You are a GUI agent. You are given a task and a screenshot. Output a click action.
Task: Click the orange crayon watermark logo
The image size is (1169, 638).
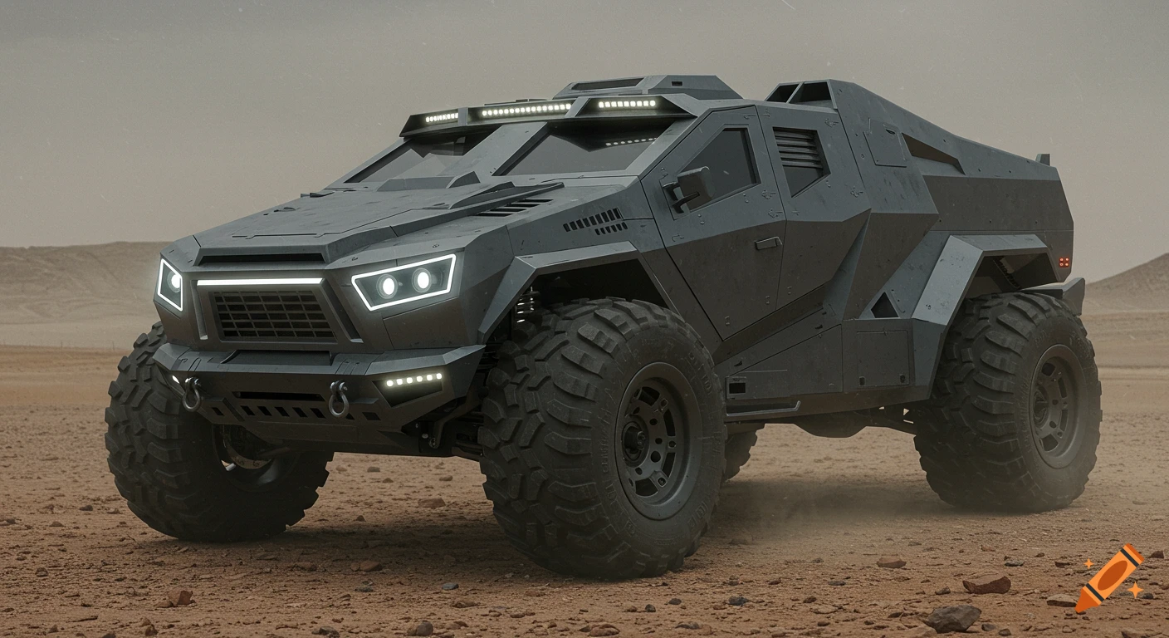(x=1110, y=578)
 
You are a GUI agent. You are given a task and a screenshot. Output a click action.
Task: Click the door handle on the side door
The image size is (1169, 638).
(x=767, y=243)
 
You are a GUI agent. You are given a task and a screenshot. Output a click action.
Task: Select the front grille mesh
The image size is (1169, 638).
(x=274, y=315)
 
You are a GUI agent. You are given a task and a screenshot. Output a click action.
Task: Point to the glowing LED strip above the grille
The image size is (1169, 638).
(x=259, y=282)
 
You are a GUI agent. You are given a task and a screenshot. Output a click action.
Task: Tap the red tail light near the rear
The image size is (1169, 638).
(x=1064, y=262)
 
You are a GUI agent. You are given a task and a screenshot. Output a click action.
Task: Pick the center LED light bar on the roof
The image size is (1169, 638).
(x=524, y=110)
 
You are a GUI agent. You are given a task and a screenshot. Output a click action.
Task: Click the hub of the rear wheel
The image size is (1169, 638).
(x=1055, y=405)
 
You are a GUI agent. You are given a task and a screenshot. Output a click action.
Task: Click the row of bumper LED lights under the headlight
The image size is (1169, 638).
(x=413, y=380)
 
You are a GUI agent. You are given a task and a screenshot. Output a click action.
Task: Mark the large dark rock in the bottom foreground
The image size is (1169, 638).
(x=951, y=617)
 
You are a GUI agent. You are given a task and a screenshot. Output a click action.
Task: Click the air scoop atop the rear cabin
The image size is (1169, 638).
(x=800, y=92)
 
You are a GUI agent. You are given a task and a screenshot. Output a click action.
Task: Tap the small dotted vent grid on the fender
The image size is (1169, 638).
(x=595, y=222)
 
